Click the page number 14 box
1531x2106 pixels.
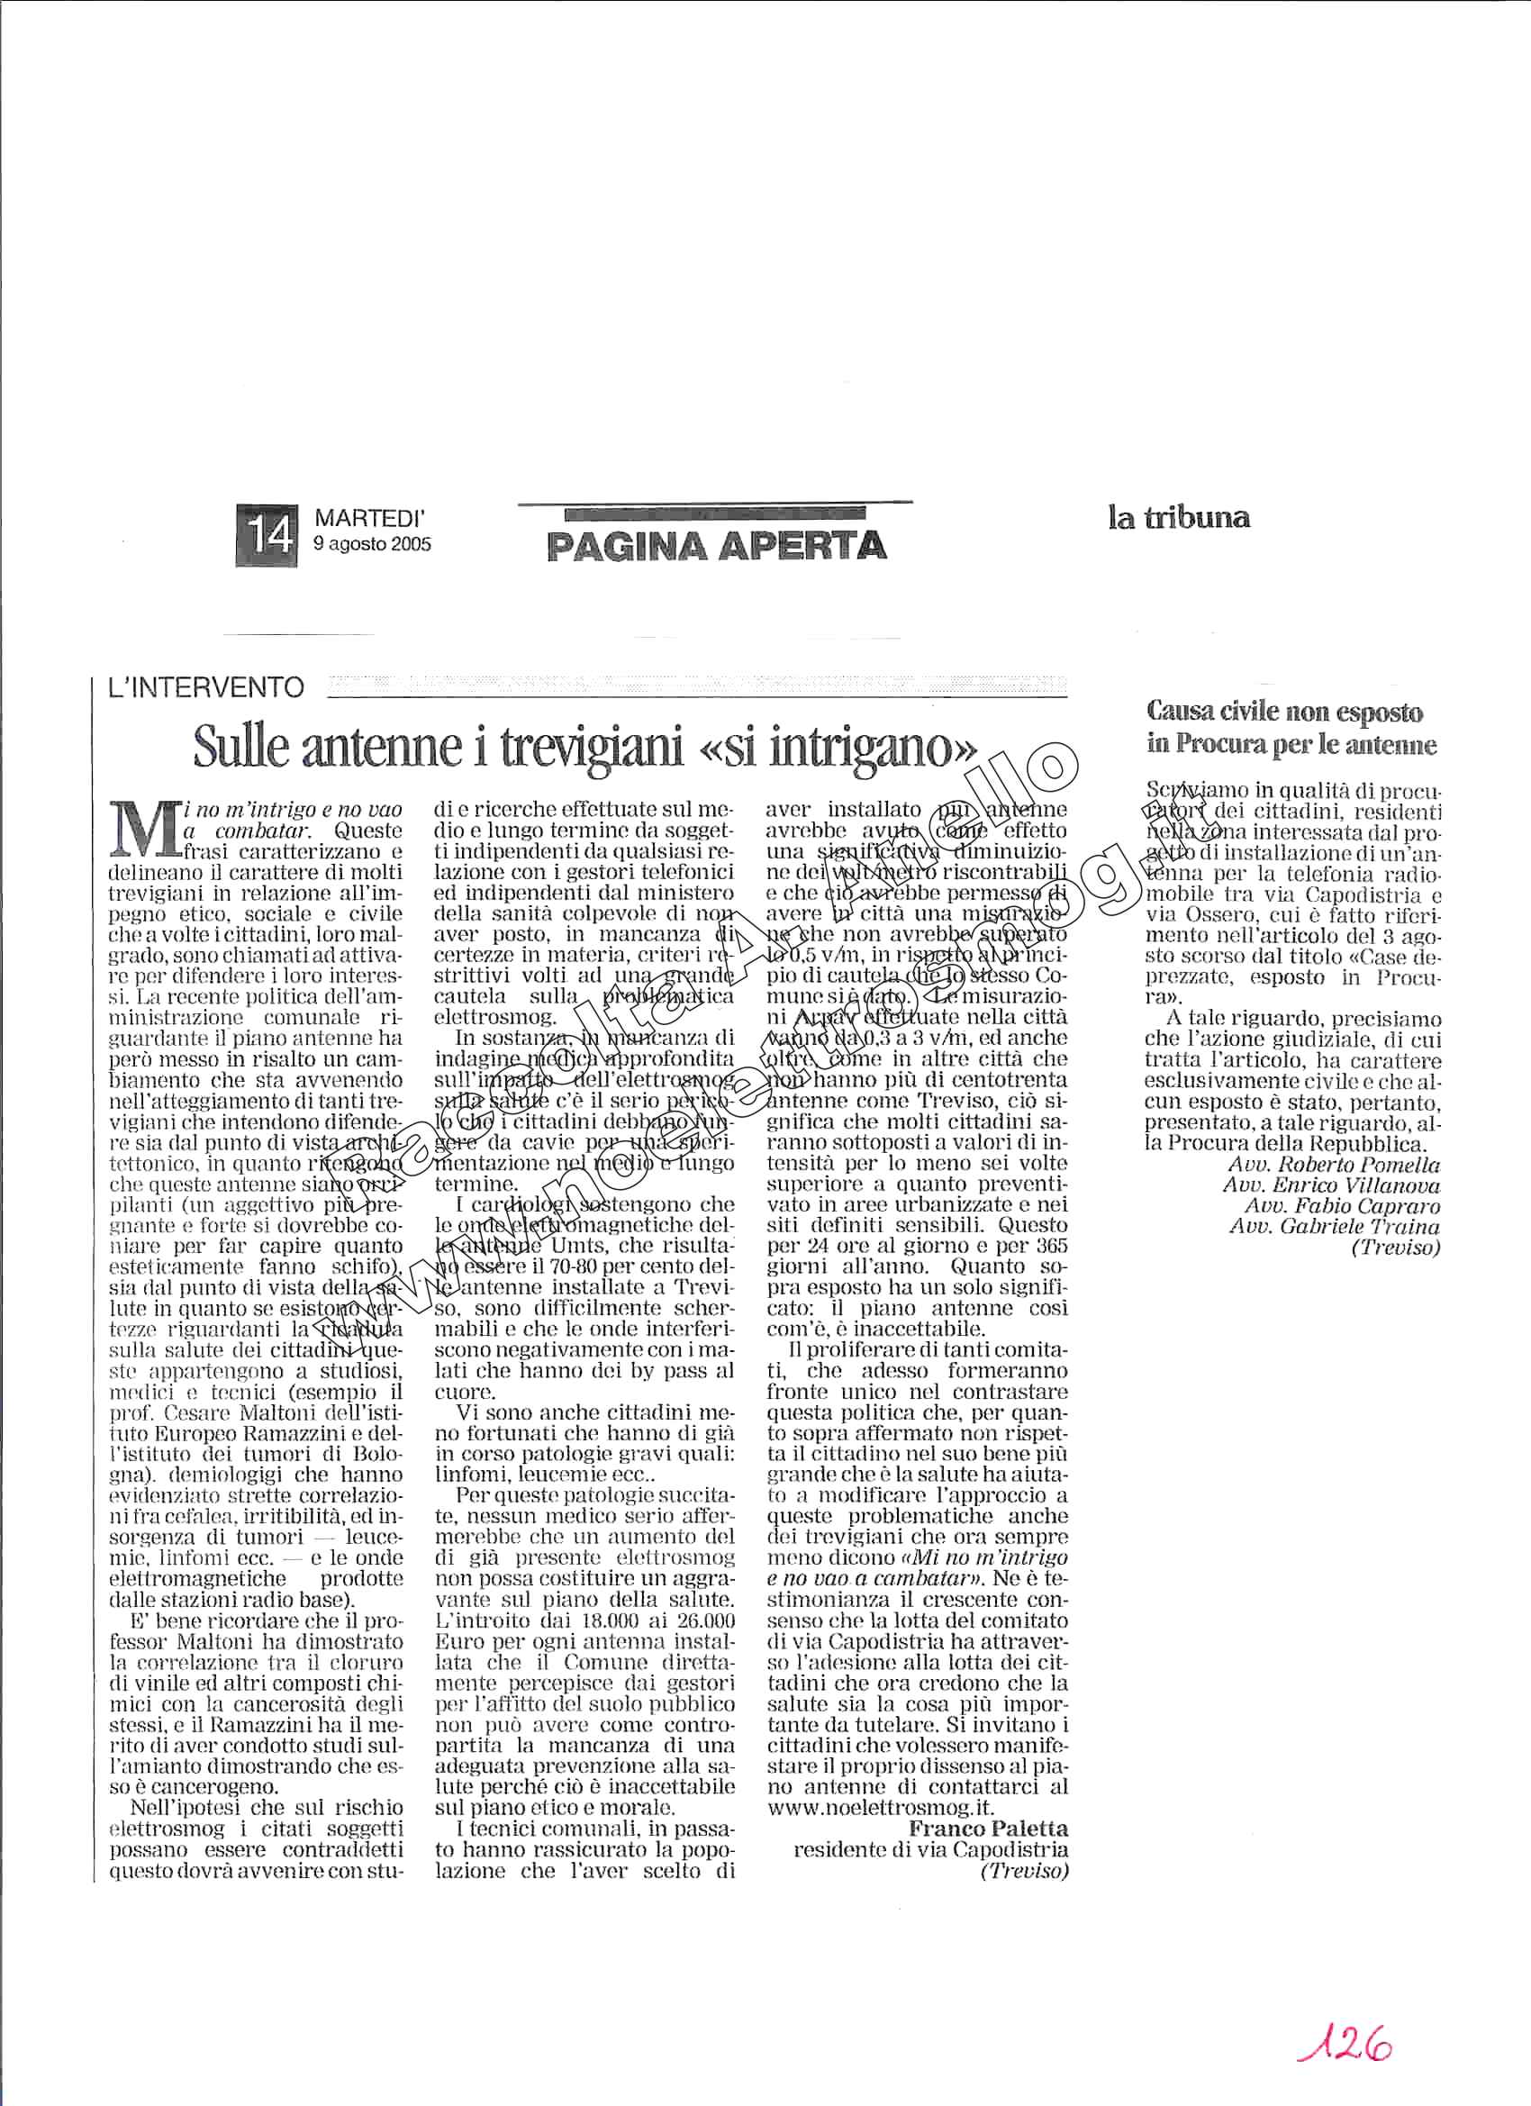pos(268,534)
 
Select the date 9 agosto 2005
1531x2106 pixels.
pos(372,545)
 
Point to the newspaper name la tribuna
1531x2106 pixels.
pos(1178,518)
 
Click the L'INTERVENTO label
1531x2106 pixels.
pos(204,688)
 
